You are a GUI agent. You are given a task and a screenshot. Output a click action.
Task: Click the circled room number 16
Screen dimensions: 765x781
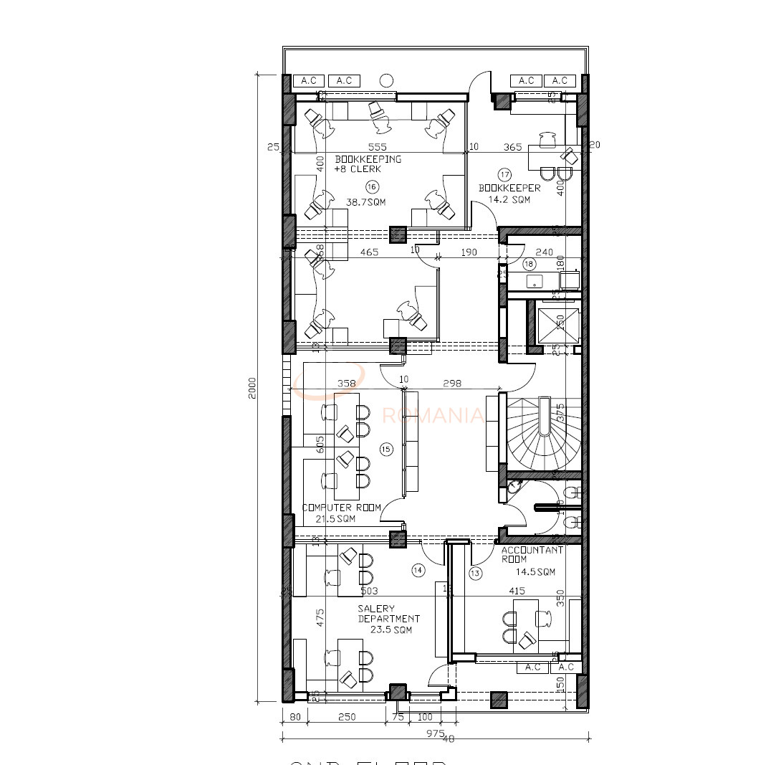coord(371,186)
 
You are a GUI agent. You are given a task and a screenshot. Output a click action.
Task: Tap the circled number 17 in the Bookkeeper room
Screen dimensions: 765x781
coord(504,174)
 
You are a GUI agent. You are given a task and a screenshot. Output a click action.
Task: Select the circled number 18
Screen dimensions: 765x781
coord(530,264)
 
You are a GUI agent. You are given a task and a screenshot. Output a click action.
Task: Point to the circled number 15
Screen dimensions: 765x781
coord(385,450)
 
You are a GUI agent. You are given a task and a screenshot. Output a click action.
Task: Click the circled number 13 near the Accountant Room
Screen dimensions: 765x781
coord(476,573)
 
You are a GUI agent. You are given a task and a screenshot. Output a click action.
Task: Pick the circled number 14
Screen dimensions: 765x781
coord(418,570)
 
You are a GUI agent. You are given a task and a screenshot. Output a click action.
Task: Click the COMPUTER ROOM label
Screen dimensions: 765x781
coord(341,508)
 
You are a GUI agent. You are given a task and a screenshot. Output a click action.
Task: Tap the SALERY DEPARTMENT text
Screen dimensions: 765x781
coord(388,614)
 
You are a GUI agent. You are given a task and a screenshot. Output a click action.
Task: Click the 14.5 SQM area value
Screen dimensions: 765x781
coord(536,572)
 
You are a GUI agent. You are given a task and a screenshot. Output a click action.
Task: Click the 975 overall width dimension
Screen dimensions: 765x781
coord(434,733)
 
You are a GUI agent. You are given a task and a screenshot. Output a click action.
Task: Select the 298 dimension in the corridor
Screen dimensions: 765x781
coord(452,384)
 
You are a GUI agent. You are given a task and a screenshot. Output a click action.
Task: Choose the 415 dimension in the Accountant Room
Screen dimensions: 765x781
coord(517,591)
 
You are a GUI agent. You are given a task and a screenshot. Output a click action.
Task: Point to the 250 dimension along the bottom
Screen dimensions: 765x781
coord(346,716)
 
